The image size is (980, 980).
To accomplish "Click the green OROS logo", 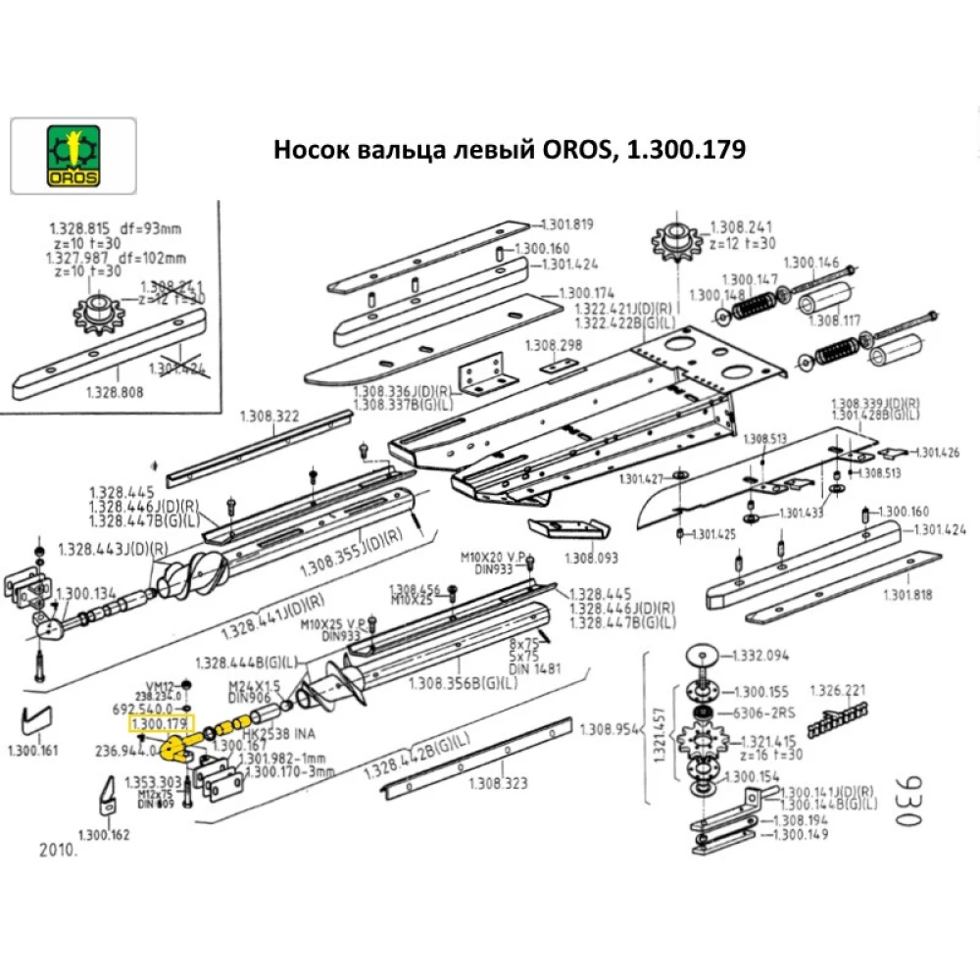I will tap(73, 156).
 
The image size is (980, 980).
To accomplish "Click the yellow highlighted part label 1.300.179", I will tap(160, 724).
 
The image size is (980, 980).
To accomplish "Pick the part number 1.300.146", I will tap(812, 262).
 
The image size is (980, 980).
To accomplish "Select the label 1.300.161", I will tap(32, 752).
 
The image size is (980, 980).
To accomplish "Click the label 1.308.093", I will tap(592, 559).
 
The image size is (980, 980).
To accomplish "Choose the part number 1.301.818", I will tap(910, 594).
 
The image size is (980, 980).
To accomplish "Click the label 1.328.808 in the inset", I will tap(116, 390).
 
